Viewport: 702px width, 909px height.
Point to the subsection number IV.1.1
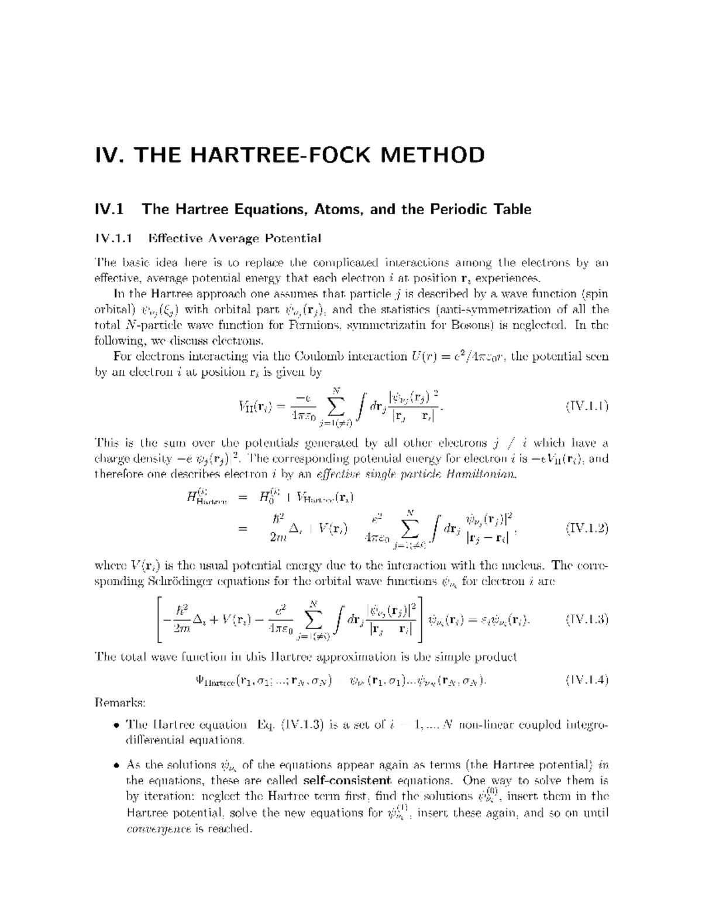(114, 238)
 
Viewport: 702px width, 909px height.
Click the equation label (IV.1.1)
(587, 406)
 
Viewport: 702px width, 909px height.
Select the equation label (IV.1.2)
(587, 529)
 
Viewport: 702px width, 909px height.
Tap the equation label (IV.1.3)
(587, 620)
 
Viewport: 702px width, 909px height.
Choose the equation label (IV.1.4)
(587, 680)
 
